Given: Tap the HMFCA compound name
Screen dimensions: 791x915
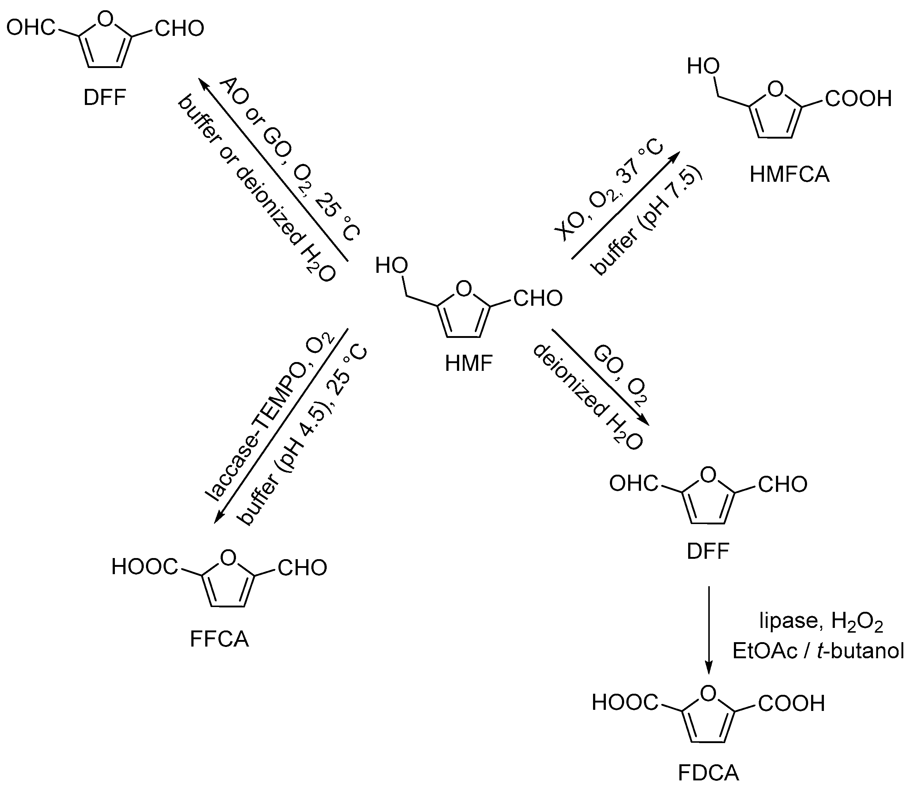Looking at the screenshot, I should coord(789,175).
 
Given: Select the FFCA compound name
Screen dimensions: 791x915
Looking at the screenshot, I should coord(220,639).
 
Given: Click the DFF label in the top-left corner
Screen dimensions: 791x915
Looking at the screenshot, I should coord(105,98).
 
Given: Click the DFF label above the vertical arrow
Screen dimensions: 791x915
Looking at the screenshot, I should coord(708,551).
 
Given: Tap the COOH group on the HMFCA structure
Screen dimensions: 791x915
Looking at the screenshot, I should coord(858,99).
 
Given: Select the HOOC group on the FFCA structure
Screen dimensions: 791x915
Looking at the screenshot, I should coord(145,567).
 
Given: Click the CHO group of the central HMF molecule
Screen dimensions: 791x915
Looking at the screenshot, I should coord(538,299).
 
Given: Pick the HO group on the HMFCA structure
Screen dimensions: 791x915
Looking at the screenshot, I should coord(703,67).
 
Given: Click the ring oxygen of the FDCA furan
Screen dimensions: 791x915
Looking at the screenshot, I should coord(708,694).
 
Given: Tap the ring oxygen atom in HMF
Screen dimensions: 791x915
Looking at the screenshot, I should coord(463,289).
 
